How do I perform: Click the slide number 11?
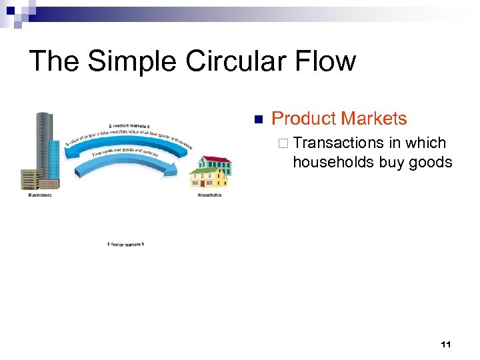point(446,344)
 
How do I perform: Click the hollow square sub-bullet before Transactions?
point(285,143)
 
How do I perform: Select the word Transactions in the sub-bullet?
point(338,143)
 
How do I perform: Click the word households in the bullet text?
point(333,162)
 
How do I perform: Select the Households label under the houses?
point(209,195)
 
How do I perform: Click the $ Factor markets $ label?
point(125,244)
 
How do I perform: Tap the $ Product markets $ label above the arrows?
point(129,125)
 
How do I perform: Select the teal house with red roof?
point(217,165)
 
